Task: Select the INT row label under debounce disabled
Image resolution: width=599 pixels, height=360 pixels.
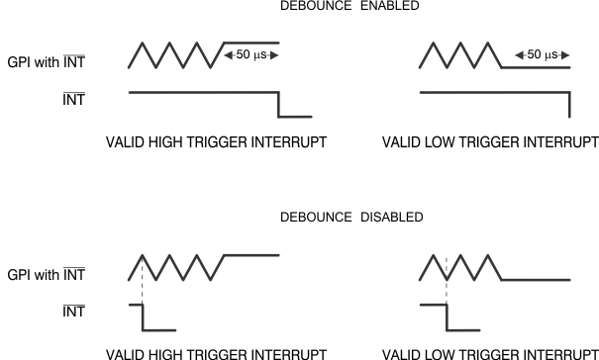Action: pyautogui.click(x=73, y=312)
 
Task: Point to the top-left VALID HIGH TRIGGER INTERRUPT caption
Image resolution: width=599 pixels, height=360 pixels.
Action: pyautogui.click(x=216, y=143)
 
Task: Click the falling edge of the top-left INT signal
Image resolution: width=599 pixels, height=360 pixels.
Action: pyautogui.click(x=279, y=104)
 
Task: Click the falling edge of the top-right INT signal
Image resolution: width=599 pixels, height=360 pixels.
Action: pyautogui.click(x=569, y=104)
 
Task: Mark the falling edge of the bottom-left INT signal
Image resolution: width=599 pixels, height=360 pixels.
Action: pyautogui.click(x=144, y=316)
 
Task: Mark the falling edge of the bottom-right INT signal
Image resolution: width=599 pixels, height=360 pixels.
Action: pyautogui.click(x=448, y=316)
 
